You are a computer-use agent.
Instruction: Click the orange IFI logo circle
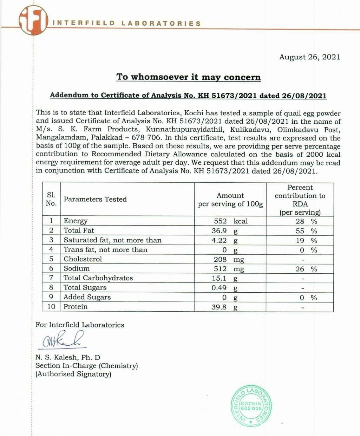click(33, 21)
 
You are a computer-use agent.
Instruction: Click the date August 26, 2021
click(309, 57)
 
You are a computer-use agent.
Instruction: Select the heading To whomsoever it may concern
click(189, 77)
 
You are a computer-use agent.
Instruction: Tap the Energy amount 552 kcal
click(230, 221)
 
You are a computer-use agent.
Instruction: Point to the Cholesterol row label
click(83, 259)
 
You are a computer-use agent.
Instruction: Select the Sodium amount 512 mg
click(229, 269)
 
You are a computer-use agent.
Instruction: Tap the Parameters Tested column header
click(95, 199)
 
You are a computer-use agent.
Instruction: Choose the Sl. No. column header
click(51, 199)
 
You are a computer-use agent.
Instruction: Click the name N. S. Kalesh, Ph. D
click(68, 357)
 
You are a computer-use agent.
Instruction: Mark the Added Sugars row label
click(87, 297)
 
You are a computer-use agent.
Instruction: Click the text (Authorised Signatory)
click(73, 374)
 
